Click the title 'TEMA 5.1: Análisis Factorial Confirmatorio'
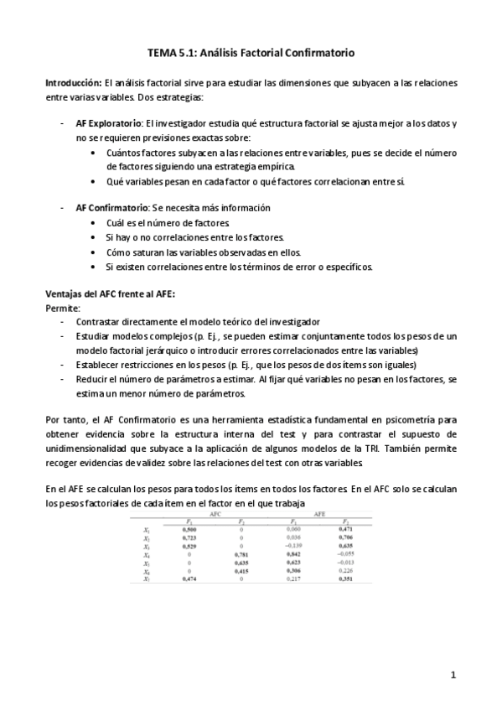(x=251, y=52)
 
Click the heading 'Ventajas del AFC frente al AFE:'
(x=110, y=293)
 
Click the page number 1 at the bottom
(x=453, y=673)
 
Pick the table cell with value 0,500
(x=190, y=530)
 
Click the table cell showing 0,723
(x=190, y=538)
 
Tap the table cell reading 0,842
(x=292, y=554)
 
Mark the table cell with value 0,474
(x=190, y=579)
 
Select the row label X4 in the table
(x=146, y=554)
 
